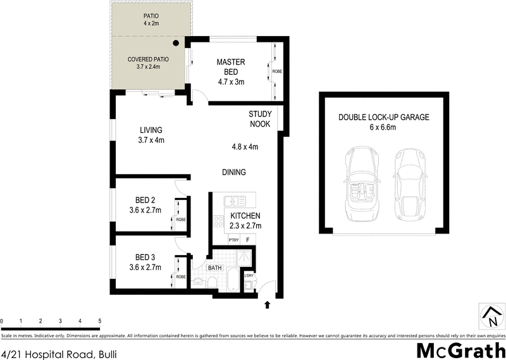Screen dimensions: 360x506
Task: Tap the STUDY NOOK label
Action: click(259, 119)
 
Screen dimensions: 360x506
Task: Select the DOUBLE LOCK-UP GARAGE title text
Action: click(384, 117)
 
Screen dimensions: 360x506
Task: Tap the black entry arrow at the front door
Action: click(267, 305)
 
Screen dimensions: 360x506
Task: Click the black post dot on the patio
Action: click(176, 42)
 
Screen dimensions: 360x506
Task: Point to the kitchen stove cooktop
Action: click(218, 221)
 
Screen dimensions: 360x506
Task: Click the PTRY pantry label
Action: click(233, 240)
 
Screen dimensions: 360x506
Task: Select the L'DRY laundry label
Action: click(249, 275)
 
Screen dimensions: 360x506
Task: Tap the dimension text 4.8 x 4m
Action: click(245, 147)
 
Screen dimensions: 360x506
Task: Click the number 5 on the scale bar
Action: click(100, 322)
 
